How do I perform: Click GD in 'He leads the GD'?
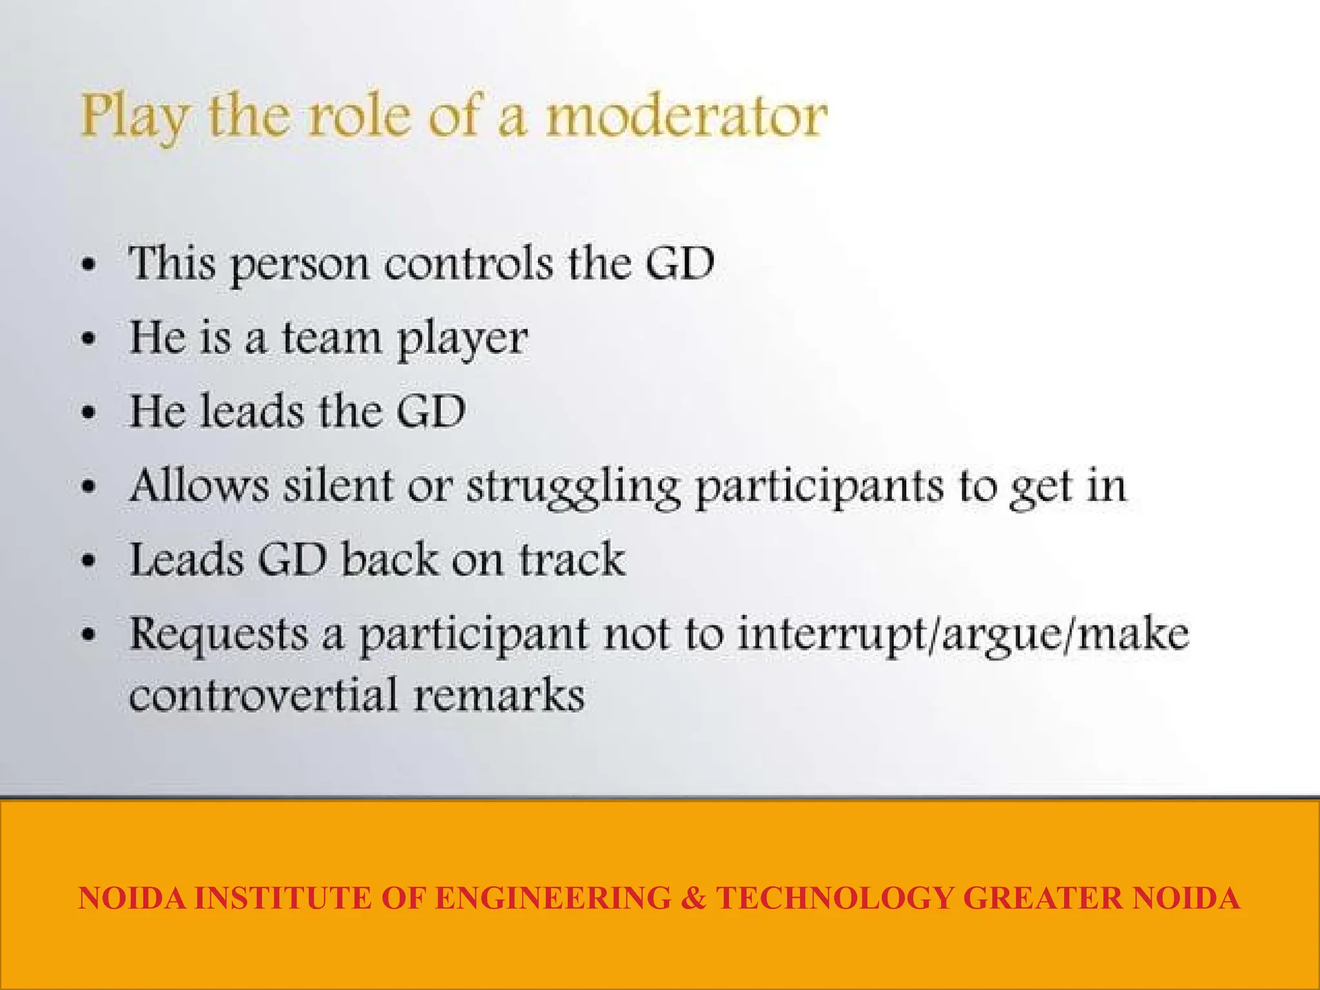pos(431,411)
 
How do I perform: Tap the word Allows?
pos(199,485)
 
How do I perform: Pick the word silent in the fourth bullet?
pos(338,485)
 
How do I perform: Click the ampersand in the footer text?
pos(694,898)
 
